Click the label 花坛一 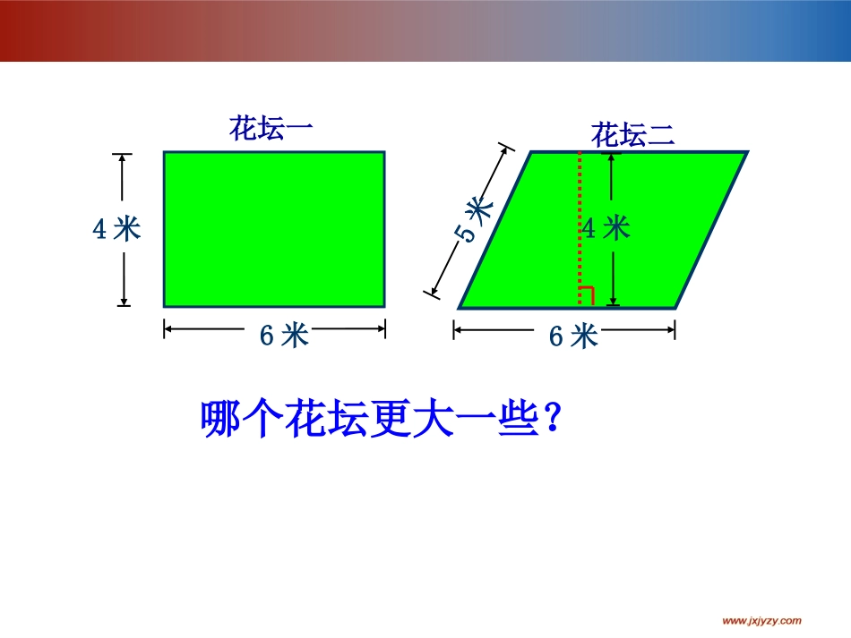click(271, 129)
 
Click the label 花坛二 click(632, 136)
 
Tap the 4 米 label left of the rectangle click(117, 229)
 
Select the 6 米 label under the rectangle click(284, 336)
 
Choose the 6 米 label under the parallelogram click(572, 336)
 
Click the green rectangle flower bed click(273, 228)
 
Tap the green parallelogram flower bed click(537, 259)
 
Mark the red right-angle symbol click(586, 296)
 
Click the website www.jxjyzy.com click(761, 621)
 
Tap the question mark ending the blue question click(553, 419)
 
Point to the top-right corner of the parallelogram click(746, 153)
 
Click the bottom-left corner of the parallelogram click(460, 308)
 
